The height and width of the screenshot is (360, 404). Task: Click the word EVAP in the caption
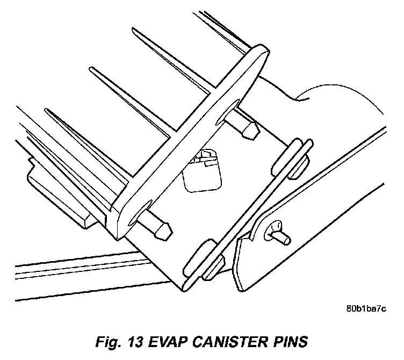(x=171, y=342)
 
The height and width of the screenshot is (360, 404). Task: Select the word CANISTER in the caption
(x=228, y=342)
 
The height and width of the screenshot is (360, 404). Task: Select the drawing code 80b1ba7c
(x=366, y=309)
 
